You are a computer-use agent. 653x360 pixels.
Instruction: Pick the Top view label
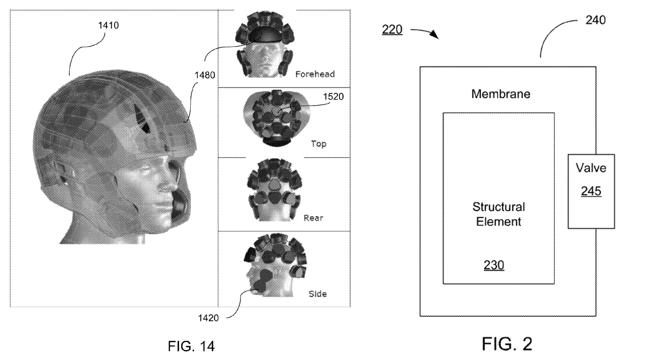(x=318, y=144)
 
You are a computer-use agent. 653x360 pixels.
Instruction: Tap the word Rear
(x=313, y=218)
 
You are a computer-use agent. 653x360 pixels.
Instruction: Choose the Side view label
(x=317, y=294)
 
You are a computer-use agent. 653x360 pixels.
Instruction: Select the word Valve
(x=591, y=168)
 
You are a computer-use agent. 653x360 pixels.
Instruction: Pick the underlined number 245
(x=591, y=191)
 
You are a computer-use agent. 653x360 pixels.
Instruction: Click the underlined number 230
(x=494, y=265)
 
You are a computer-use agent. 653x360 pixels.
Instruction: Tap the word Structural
(x=498, y=207)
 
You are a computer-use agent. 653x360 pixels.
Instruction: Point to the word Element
(x=498, y=221)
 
